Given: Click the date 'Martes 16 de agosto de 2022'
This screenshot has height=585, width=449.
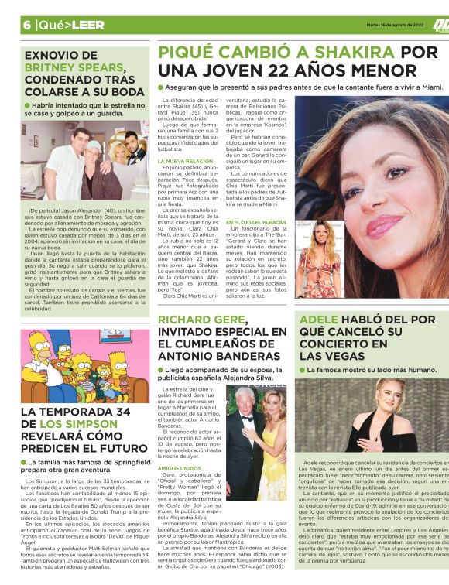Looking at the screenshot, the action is [395, 23].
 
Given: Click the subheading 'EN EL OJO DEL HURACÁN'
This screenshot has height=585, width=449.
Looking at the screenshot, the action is [257, 223].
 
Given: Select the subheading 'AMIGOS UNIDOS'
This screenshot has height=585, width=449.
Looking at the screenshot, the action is [180, 468].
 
